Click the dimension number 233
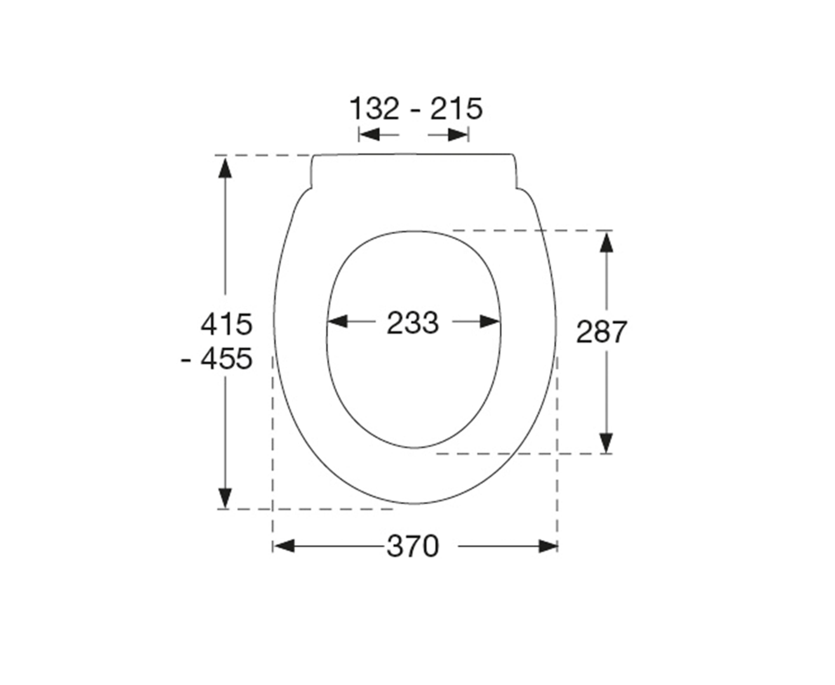click(412, 323)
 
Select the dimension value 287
click(601, 332)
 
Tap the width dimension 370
click(412, 546)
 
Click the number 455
click(226, 359)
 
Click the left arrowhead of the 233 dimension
click(338, 322)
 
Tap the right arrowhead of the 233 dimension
click(490, 322)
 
